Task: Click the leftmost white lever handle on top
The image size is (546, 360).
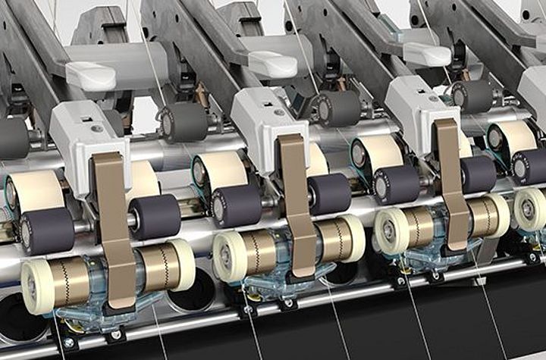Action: pyautogui.click(x=90, y=75)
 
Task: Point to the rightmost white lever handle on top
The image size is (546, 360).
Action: pyautogui.click(x=426, y=53)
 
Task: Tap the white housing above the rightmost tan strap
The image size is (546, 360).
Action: pyautogui.click(x=413, y=106)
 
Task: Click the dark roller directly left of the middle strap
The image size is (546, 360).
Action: pyautogui.click(x=237, y=205)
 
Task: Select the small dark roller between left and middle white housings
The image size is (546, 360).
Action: pyautogui.click(x=183, y=121)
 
